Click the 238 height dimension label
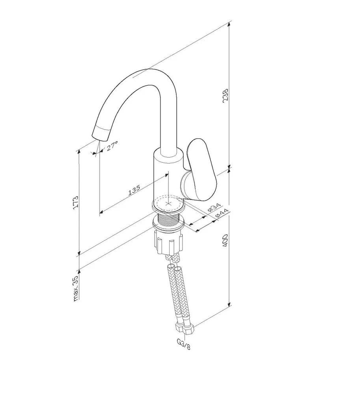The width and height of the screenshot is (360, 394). tap(225, 95)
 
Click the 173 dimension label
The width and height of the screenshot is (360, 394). tap(75, 203)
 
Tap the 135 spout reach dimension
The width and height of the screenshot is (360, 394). tap(134, 190)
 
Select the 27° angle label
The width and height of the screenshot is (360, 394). tap(112, 146)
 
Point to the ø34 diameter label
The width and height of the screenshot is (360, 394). tap(214, 208)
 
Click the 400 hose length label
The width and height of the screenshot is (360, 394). tap(225, 240)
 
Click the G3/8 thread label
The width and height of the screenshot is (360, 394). tap(183, 344)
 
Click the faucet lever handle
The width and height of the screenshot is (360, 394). tap(202, 169)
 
